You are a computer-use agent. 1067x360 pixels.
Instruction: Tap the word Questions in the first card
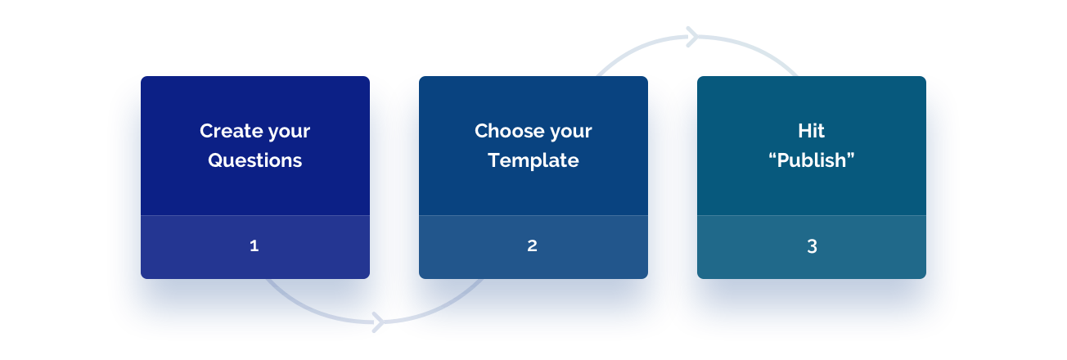[x=254, y=160]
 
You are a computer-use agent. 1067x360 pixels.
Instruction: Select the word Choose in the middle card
[x=506, y=131]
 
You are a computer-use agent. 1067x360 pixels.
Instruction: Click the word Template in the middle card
[x=533, y=161]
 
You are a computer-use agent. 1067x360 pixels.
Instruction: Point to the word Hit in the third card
[x=811, y=131]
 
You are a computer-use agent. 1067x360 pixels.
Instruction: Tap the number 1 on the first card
[x=254, y=245]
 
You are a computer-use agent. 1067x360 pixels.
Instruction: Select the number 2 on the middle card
[x=533, y=245]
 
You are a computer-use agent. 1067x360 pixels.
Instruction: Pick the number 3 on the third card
[x=813, y=246]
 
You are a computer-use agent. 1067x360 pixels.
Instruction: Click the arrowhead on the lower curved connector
[x=378, y=322]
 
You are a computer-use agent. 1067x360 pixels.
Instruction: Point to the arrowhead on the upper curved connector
[x=692, y=37]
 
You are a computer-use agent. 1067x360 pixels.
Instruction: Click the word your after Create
[x=289, y=133]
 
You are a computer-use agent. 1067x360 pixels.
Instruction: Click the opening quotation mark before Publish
[x=772, y=155]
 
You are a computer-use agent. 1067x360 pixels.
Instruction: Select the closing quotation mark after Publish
[x=850, y=155]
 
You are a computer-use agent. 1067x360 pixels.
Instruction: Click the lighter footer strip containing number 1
[x=255, y=247]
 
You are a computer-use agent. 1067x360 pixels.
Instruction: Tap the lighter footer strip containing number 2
[x=533, y=247]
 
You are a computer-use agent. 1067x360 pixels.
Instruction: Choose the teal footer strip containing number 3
[x=812, y=247]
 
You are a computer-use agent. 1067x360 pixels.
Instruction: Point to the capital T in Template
[x=495, y=160]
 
